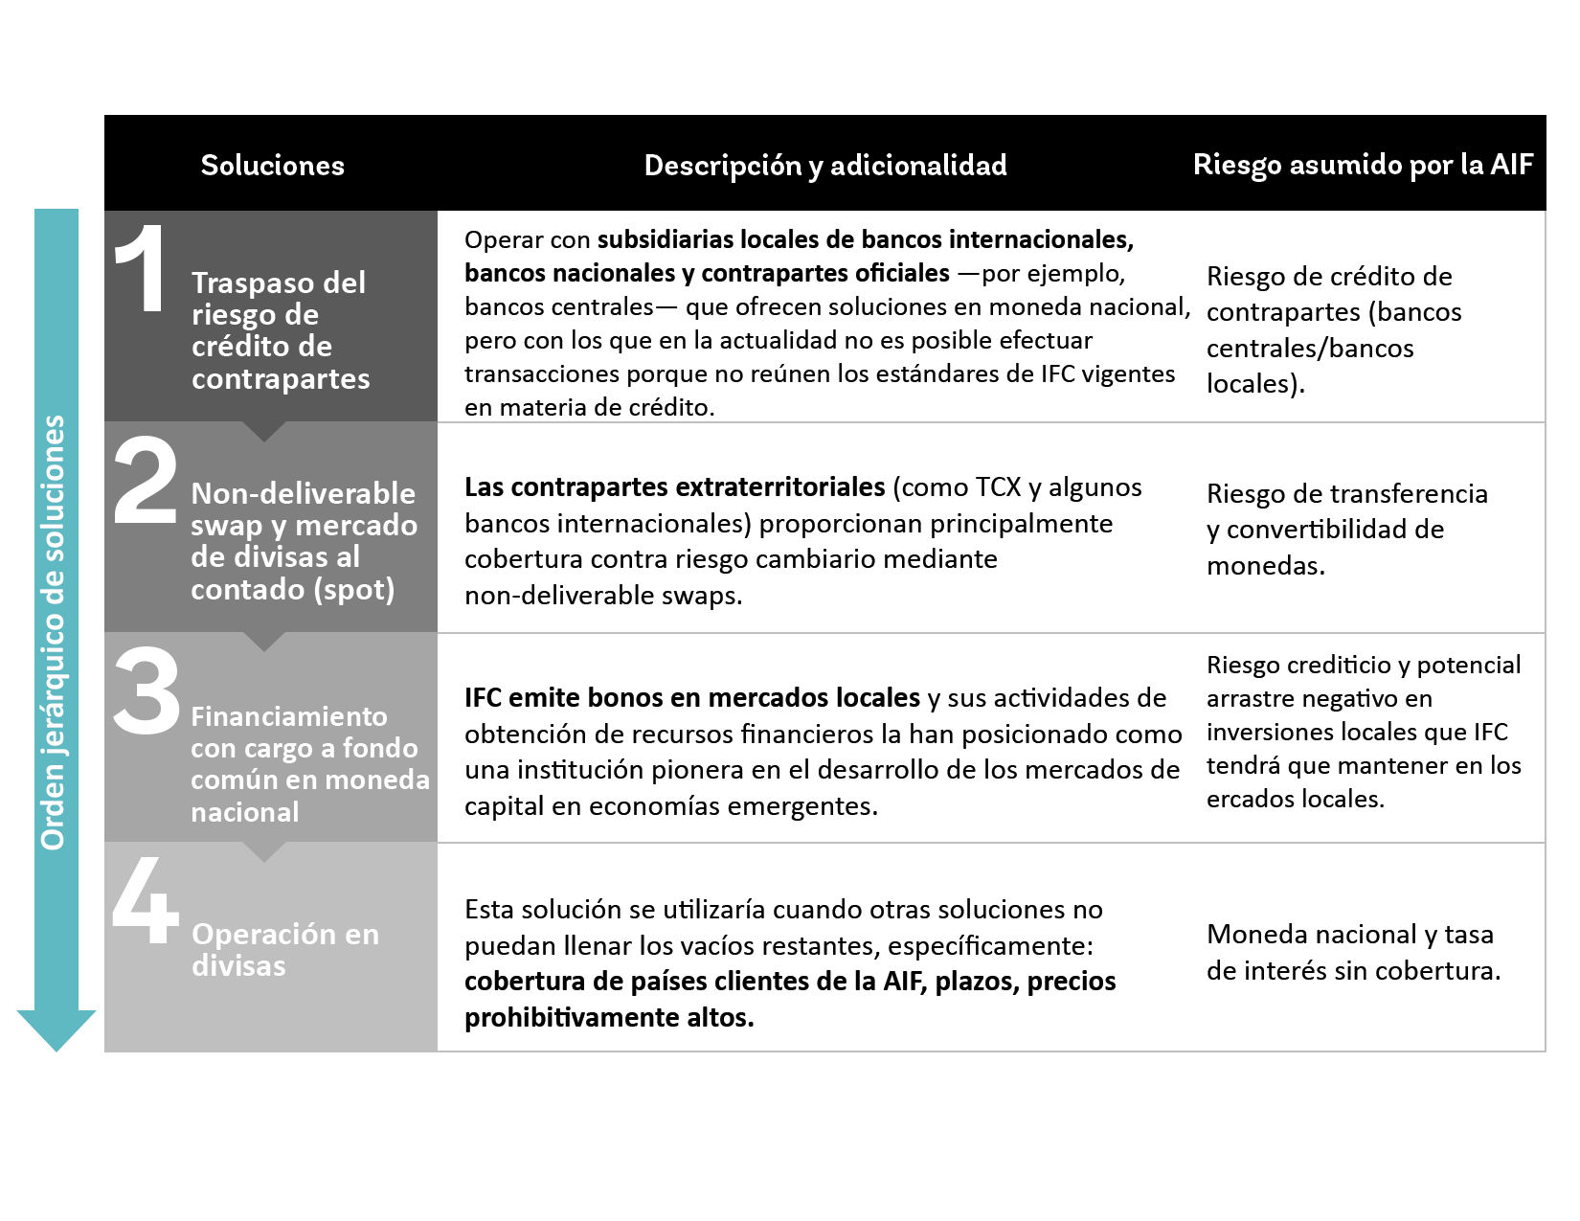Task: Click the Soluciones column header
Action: click(x=272, y=165)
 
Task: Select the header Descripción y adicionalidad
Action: click(x=824, y=165)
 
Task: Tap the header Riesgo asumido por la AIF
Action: click(x=1363, y=164)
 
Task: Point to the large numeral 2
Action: click(x=146, y=480)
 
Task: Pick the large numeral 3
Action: click(x=147, y=690)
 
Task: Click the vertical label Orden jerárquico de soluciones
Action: click(x=54, y=632)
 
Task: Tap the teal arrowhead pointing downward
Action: click(x=56, y=1029)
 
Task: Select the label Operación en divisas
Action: click(x=284, y=949)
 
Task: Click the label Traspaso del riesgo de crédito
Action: click(x=280, y=330)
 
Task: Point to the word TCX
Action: click(x=998, y=487)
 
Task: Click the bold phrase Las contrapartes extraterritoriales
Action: click(x=674, y=487)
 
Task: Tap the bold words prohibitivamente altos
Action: click(x=609, y=1018)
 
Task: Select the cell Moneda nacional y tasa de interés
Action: click(x=1352, y=952)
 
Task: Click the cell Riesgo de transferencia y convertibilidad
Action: click(x=1346, y=530)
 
